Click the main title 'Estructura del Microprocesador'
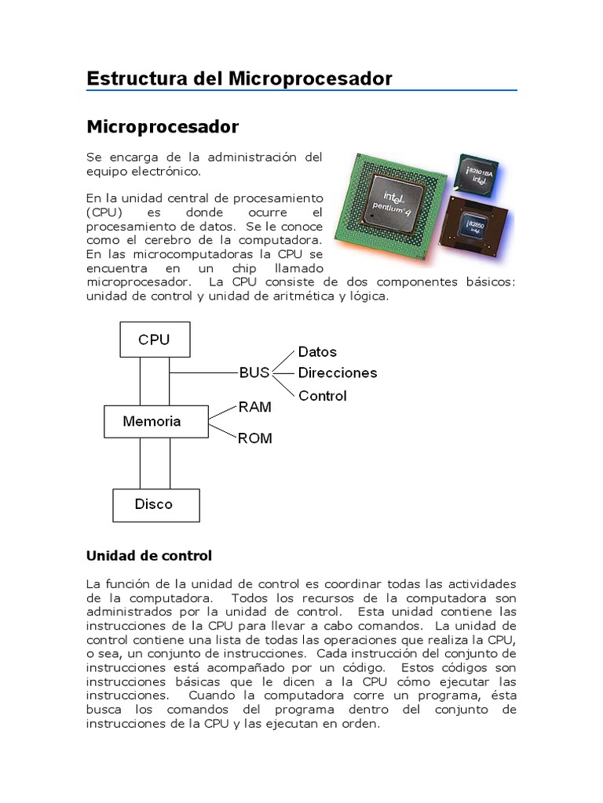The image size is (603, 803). [x=239, y=78]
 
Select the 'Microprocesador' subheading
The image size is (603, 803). [x=163, y=126]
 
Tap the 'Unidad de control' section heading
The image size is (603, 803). [x=148, y=556]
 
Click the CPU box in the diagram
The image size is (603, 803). [x=154, y=340]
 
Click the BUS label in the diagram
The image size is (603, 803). [x=254, y=372]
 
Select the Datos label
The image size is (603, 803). [x=317, y=352]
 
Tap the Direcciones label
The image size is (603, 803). [x=338, y=373]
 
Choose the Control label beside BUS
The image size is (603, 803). [x=322, y=396]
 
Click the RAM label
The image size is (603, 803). [x=255, y=407]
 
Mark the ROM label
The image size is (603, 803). [x=255, y=438]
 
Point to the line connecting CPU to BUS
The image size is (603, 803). [x=203, y=372]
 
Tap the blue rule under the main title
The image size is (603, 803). [x=301, y=91]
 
